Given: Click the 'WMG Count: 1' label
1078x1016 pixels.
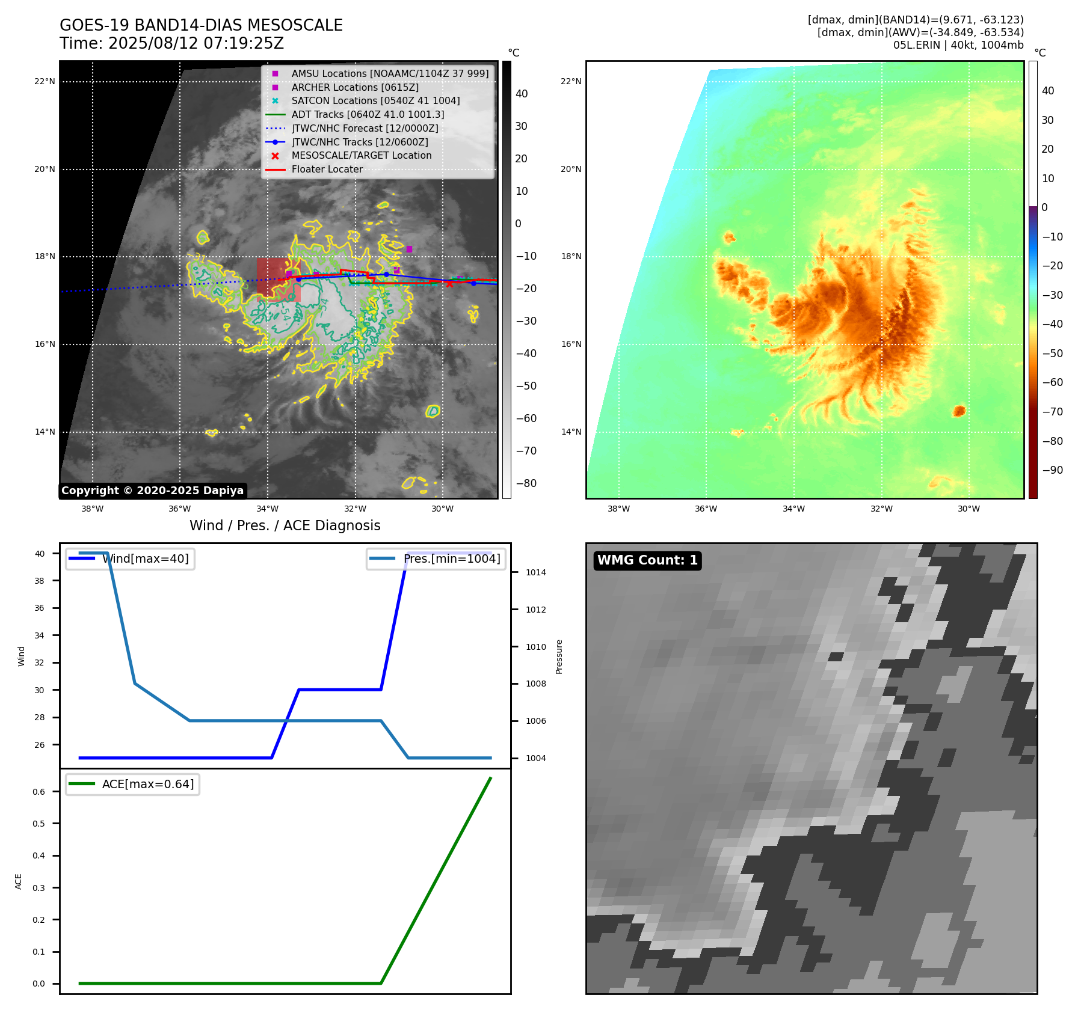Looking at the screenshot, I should (x=647, y=560).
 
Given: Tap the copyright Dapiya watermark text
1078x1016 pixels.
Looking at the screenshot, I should (x=152, y=491).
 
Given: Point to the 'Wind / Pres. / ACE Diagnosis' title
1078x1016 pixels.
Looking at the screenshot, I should (x=285, y=526).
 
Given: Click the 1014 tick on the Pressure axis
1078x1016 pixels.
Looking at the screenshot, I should (x=535, y=572).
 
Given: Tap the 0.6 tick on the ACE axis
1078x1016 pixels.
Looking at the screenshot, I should (x=39, y=792).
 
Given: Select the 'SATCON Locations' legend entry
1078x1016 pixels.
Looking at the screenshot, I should (x=375, y=101).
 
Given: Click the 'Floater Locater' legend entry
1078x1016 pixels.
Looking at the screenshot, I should (x=327, y=170).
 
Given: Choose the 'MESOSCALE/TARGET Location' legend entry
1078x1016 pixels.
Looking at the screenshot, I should (x=361, y=156).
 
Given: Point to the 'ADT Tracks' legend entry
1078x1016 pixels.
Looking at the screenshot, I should (x=368, y=115).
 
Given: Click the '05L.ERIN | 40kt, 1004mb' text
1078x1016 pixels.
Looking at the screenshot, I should (x=958, y=45).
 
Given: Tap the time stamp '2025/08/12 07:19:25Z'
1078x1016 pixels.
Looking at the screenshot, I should (x=196, y=44).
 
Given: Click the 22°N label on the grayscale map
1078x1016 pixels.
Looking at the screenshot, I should (x=45, y=82).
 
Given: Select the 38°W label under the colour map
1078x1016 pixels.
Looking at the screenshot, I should (x=618, y=509).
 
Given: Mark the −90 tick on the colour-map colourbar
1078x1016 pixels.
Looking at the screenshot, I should (x=1052, y=470).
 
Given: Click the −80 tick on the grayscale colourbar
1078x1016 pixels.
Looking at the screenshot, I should (x=526, y=483).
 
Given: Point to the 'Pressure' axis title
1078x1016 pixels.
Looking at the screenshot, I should (x=559, y=656).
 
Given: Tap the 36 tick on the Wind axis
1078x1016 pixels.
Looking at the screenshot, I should (x=40, y=608).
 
